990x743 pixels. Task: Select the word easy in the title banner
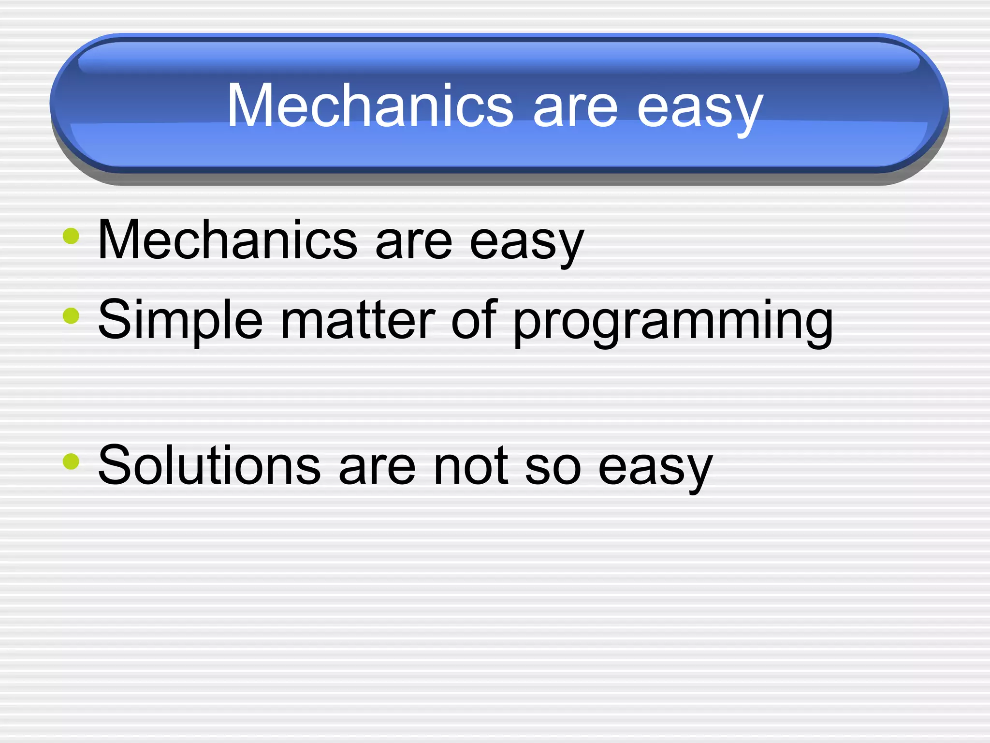700,110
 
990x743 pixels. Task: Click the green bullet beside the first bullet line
71,237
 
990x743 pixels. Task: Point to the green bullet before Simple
71,316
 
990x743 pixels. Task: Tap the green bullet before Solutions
71,461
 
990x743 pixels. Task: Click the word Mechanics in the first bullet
227,240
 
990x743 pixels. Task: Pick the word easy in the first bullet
527,244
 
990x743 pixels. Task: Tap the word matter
358,320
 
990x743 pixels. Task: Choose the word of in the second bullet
474,319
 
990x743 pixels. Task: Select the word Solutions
209,465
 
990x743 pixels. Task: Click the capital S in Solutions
115,465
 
